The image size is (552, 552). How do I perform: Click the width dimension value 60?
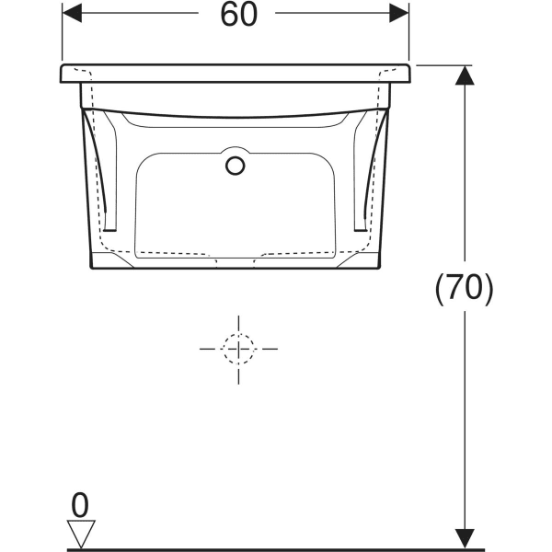[x=238, y=15]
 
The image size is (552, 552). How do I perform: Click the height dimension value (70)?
[x=465, y=289]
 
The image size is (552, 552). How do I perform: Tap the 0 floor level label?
[x=80, y=505]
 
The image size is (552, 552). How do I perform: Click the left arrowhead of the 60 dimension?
[x=72, y=13]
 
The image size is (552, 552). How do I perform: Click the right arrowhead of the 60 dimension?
[x=399, y=13]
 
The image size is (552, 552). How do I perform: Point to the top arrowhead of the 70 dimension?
[x=465, y=75]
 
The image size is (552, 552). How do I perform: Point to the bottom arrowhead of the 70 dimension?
[x=465, y=538]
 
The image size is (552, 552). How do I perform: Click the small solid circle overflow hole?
[x=236, y=166]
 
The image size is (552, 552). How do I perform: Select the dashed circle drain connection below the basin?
[x=238, y=349]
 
